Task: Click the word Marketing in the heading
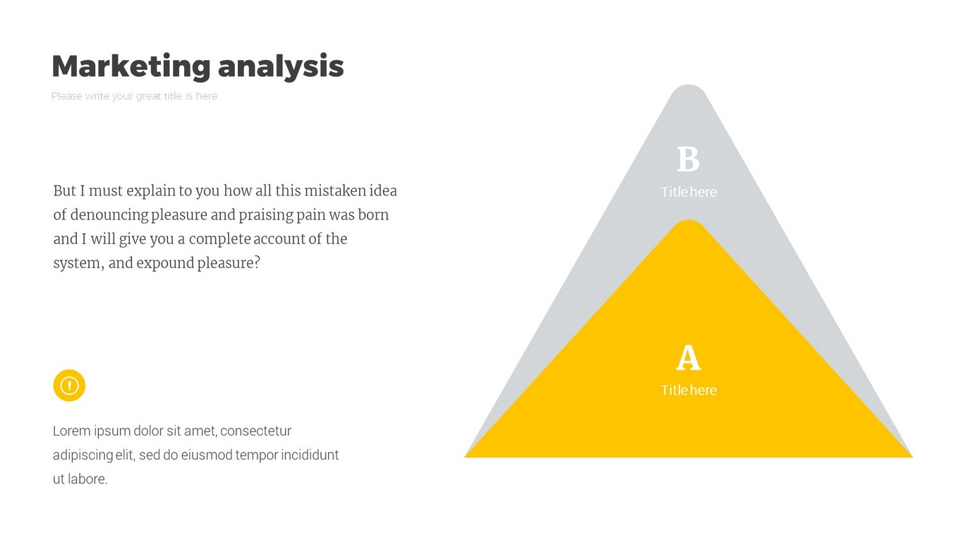click(x=131, y=66)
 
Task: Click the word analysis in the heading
click(x=281, y=66)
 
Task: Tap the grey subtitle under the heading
click(x=134, y=96)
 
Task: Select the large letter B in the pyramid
click(x=689, y=159)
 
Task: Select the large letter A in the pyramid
click(x=689, y=357)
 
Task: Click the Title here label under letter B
click(x=689, y=192)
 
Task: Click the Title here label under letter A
click(x=689, y=390)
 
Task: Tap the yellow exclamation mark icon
click(x=69, y=385)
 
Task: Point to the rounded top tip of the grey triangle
click(x=689, y=85)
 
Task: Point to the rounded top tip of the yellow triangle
click(x=689, y=221)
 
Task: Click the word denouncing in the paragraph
click(x=109, y=215)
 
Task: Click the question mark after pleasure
click(x=257, y=263)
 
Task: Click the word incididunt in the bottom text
click(x=310, y=454)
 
